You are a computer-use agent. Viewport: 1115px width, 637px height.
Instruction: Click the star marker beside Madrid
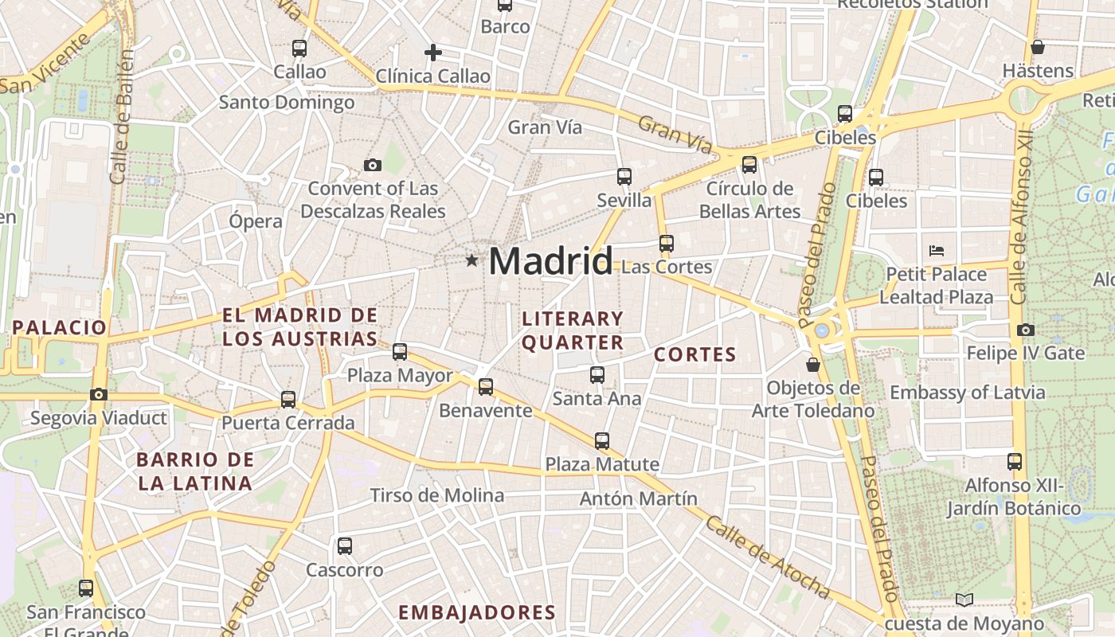[x=471, y=260]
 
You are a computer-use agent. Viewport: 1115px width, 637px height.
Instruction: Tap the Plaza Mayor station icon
[x=400, y=351]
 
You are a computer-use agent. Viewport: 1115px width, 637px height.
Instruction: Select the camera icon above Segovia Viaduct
[x=99, y=394]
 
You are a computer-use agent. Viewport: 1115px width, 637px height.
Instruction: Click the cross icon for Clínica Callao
[x=432, y=53]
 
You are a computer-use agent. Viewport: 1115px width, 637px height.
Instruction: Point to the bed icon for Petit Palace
[x=937, y=250]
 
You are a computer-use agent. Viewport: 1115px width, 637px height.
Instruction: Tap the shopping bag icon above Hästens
[x=1037, y=47]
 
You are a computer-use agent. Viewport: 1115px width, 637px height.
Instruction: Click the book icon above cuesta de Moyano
[x=964, y=600]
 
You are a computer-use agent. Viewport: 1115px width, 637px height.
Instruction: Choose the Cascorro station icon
[x=344, y=546]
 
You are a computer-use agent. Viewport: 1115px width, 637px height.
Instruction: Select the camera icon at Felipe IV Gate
[x=1025, y=330]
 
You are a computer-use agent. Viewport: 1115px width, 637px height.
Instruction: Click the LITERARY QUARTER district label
[x=573, y=330]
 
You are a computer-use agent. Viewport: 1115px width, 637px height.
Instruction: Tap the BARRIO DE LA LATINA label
[x=195, y=471]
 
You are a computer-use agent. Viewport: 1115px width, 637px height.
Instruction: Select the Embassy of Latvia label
[x=967, y=393]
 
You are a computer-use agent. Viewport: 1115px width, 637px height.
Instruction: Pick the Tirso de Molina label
[x=437, y=495]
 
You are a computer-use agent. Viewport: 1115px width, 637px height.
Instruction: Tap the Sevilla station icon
[x=624, y=177]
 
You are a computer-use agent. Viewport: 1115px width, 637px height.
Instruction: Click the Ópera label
[x=256, y=221]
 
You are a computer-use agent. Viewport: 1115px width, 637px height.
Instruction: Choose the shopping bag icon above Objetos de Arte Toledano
[x=813, y=365]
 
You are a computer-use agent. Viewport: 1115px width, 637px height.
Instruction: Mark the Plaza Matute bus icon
[x=602, y=440]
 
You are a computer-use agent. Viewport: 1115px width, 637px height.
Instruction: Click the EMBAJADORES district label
[x=476, y=612]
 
